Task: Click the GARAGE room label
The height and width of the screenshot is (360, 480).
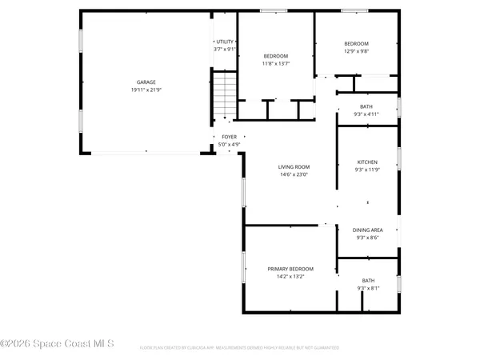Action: (145, 82)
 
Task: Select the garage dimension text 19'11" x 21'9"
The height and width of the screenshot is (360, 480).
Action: (145, 90)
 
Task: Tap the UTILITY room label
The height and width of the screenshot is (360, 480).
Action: (224, 42)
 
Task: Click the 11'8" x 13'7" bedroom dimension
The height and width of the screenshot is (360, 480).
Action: (276, 63)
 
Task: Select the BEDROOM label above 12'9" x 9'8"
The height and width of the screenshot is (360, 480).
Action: (356, 43)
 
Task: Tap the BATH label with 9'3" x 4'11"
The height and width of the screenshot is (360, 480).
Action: (366, 106)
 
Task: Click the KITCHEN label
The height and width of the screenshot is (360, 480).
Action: (367, 162)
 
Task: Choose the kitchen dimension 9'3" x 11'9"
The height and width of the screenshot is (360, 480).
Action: (367, 170)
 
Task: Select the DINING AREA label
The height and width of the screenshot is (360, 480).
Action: (368, 230)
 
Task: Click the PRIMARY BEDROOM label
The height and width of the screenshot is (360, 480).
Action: (290, 269)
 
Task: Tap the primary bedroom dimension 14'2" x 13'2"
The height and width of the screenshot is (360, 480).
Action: (290, 277)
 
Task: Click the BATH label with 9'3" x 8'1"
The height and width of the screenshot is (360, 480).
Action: (368, 280)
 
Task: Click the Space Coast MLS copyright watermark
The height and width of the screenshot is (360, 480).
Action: (58, 344)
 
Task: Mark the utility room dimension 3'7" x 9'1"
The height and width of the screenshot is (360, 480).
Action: (224, 50)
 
